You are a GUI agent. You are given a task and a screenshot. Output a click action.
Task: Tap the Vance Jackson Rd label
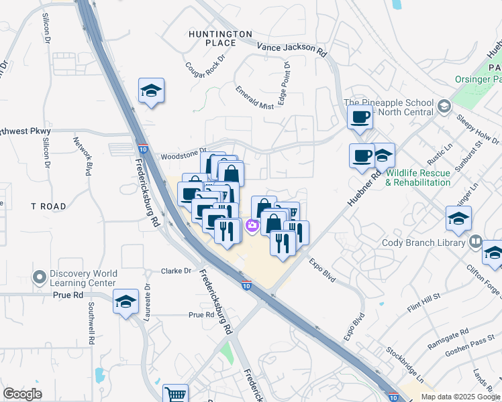(292, 48)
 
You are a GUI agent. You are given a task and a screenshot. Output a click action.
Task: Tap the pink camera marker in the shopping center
(252, 226)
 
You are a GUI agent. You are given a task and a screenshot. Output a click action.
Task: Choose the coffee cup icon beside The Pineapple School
(360, 117)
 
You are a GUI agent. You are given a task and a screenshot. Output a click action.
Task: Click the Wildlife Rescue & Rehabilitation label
(418, 178)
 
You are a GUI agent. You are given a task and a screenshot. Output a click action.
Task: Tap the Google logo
(23, 394)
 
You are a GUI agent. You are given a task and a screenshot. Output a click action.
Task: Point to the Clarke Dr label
(177, 271)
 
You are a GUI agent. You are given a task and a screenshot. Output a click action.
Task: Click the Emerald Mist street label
(254, 97)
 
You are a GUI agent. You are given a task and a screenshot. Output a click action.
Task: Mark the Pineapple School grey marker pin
(444, 107)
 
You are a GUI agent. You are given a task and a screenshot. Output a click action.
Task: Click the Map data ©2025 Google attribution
(460, 396)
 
